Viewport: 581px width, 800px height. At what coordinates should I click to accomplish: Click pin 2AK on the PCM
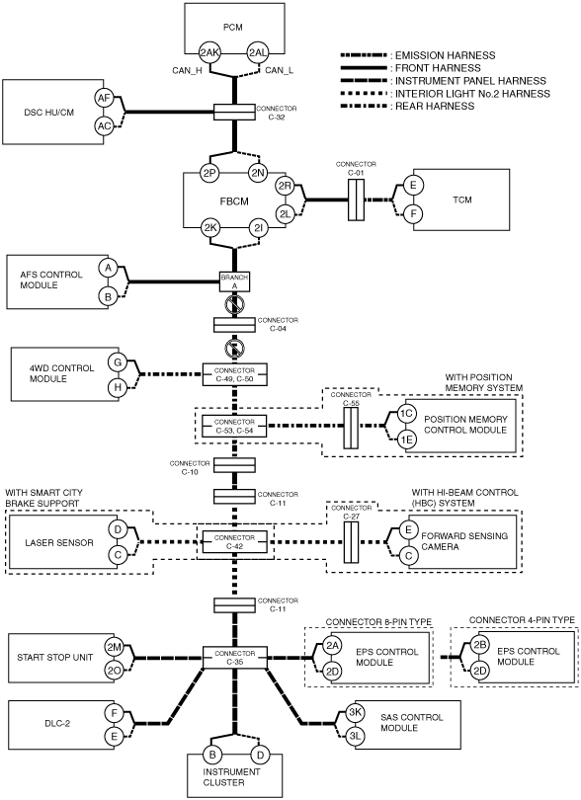[209, 52]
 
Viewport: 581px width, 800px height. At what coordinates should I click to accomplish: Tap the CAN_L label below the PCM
[279, 70]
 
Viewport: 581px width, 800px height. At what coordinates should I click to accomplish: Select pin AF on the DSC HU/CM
[104, 98]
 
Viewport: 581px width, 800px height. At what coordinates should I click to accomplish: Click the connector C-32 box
[234, 112]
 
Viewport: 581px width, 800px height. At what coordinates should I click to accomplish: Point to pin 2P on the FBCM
[209, 174]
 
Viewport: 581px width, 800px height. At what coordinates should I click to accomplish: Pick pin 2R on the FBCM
[285, 187]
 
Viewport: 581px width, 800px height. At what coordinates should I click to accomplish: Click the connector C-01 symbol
[356, 200]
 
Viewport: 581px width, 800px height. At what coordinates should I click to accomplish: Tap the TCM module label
[461, 200]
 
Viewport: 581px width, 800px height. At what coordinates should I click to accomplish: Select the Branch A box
[234, 281]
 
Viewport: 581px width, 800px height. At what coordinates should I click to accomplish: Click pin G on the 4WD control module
[118, 362]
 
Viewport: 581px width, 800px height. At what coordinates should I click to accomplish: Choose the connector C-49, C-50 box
[234, 375]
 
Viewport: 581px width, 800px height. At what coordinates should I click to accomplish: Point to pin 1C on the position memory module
[406, 414]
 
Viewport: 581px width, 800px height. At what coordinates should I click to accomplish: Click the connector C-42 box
[234, 542]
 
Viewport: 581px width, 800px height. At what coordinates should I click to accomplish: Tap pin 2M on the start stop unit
[114, 647]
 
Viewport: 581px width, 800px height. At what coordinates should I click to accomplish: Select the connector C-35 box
[234, 658]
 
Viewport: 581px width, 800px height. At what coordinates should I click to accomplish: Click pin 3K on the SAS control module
[355, 713]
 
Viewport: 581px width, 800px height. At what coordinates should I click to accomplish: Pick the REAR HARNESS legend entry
[407, 106]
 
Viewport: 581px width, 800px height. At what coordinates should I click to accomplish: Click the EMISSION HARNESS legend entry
[418, 55]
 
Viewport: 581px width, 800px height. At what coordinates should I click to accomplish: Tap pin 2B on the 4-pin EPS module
[479, 644]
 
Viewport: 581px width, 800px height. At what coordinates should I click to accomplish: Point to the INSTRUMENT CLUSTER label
[231, 777]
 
